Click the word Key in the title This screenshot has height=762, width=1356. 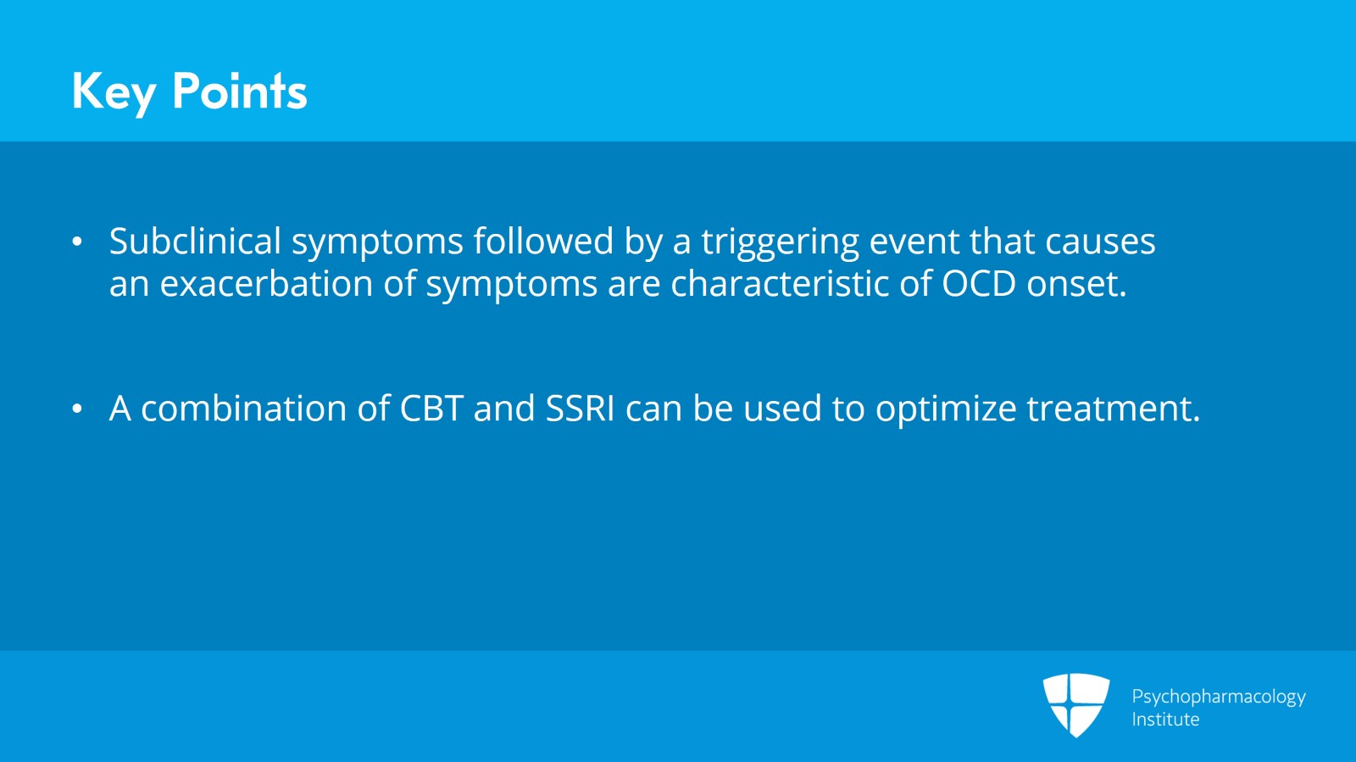[114, 92]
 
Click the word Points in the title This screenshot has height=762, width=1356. [240, 91]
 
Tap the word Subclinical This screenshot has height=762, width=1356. [195, 241]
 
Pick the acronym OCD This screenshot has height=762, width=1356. [979, 283]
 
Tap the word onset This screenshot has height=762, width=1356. [1076, 285]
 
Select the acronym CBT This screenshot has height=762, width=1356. [431, 408]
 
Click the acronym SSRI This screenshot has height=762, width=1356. [580, 408]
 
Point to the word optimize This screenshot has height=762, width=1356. [946, 410]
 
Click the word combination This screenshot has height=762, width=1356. [244, 408]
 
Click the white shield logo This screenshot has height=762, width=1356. [1076, 705]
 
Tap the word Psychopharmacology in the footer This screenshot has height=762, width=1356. [1219, 698]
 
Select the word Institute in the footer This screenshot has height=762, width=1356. [1165, 719]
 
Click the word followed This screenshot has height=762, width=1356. [543, 241]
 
